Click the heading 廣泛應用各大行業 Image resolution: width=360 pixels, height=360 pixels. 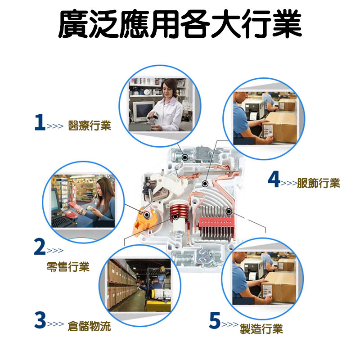point(180,24)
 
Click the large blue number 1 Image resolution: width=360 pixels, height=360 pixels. point(40,122)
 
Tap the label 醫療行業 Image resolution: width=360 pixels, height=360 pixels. point(90,126)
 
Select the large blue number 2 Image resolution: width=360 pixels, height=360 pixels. point(40,247)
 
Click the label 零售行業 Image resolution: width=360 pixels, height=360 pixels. point(68,266)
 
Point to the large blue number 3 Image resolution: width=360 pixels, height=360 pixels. point(40,320)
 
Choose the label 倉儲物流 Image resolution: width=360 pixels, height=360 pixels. point(89,326)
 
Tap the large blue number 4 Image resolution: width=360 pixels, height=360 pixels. point(274,179)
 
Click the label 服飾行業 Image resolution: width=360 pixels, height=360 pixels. point(319,183)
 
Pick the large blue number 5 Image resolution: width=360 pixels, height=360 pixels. point(215,320)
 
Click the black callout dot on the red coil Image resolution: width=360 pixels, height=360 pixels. point(176,216)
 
